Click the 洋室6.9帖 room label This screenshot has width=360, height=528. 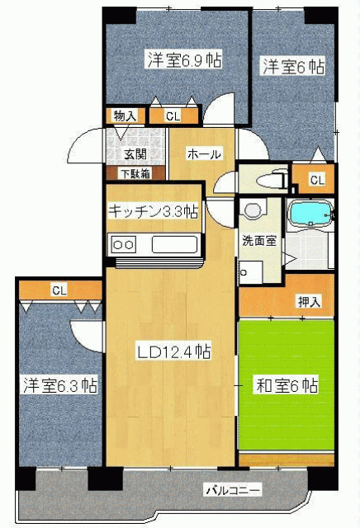(185, 60)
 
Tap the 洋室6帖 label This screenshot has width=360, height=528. (294, 66)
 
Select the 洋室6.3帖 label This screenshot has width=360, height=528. (60, 385)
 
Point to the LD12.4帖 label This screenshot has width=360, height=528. (173, 351)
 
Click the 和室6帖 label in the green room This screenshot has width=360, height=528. (287, 385)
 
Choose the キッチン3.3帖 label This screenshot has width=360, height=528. (153, 211)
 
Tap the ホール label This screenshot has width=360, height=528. (204, 154)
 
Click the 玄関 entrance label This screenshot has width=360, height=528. (135, 154)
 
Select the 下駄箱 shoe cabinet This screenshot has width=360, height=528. (136, 173)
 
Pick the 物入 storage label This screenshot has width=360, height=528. (125, 116)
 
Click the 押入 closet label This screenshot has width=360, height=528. (309, 301)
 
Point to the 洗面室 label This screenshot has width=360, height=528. (259, 241)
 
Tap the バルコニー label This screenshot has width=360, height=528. (234, 490)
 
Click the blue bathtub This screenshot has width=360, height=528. (310, 213)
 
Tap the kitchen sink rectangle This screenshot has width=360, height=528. (174, 245)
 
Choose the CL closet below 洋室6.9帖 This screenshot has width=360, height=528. (173, 116)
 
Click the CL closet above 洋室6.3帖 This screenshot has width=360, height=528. (59, 290)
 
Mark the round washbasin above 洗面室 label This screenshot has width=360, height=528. (253, 211)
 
